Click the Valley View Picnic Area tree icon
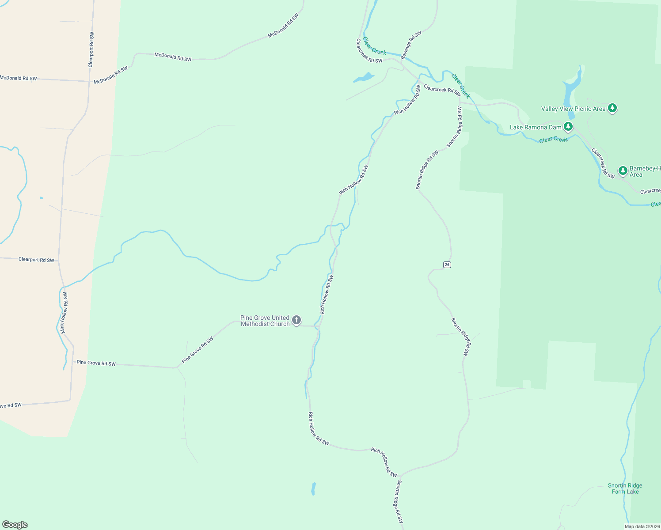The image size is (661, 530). coord(612,108)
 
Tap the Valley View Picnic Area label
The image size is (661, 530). coord(573,109)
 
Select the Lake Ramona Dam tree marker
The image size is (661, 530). coord(568,127)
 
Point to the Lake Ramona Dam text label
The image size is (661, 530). coord(536,128)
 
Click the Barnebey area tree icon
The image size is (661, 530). coord(623,170)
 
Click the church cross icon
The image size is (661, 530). coord(296,320)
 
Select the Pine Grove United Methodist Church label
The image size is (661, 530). coord(265,321)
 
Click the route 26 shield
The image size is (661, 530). coord(447,265)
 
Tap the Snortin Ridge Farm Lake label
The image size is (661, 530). coord(625,488)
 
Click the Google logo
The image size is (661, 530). coord(15,525)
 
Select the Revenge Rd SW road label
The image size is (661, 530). coord(411,45)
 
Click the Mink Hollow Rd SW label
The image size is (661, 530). coord(64,313)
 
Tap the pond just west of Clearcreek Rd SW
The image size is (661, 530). coord(363,78)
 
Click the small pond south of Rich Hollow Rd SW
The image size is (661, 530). coord(313,488)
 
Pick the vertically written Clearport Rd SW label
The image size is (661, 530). coord(91,49)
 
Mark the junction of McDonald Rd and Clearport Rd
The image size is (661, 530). coord(89,81)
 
